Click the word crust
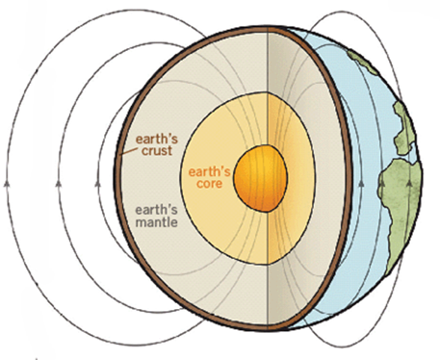[x=157, y=151]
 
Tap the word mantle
[x=157, y=223]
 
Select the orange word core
[x=210, y=184]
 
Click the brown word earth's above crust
[x=157, y=139]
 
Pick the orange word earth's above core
[x=209, y=172]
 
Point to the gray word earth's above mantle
[x=157, y=210]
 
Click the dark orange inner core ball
[x=261, y=178]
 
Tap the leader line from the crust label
[x=130, y=151]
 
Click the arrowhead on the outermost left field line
[x=7, y=184]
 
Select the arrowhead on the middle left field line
[x=58, y=184]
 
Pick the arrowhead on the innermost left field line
[x=97, y=184]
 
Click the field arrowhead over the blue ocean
[x=361, y=184]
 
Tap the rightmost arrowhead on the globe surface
[x=409, y=183]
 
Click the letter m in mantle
[x=141, y=223]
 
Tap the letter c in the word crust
[x=145, y=152]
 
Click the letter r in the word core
[x=212, y=184]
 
